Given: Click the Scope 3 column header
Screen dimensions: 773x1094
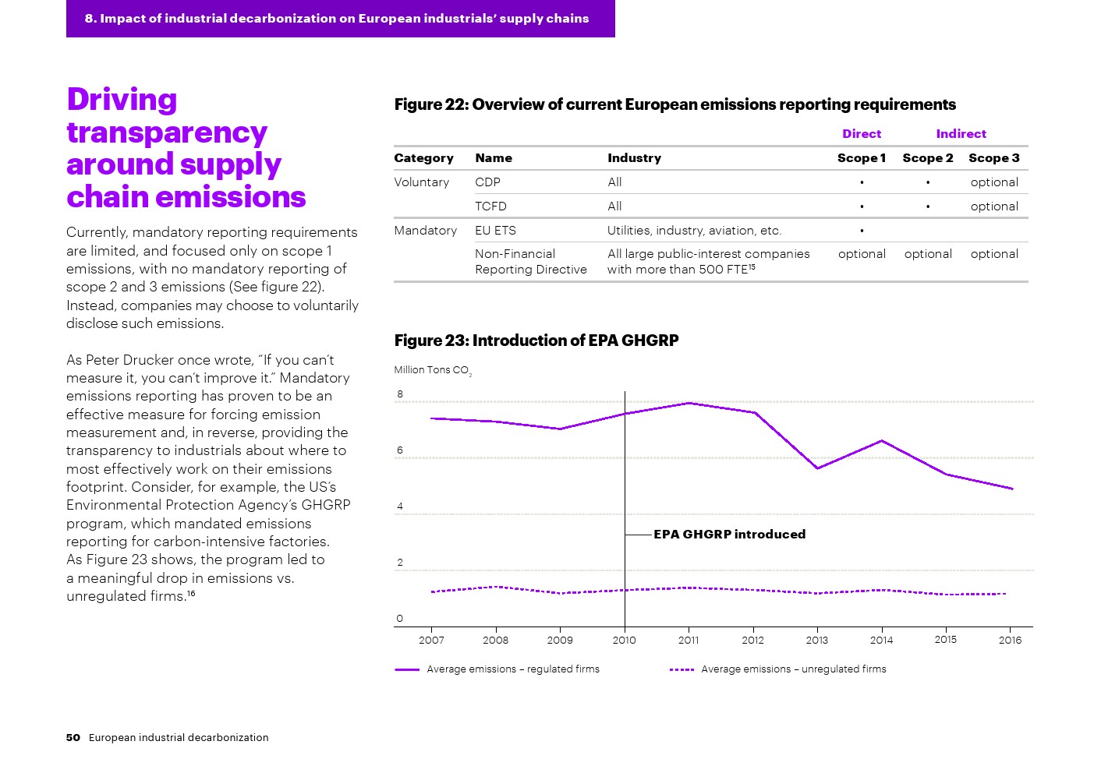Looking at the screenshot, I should [x=993, y=158].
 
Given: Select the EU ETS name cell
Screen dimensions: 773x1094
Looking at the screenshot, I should [x=495, y=231].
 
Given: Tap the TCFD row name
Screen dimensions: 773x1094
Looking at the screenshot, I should [x=490, y=206].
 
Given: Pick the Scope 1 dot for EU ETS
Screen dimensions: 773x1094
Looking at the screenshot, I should [x=862, y=231].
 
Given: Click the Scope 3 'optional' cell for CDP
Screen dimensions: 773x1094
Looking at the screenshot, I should [x=994, y=182].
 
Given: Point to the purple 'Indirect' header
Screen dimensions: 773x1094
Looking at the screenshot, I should [x=961, y=134].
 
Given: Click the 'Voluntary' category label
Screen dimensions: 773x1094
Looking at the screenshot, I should [x=421, y=182].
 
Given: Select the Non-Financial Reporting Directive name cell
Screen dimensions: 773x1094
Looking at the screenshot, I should [x=530, y=262].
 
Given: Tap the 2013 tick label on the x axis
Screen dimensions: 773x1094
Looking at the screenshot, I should [x=816, y=641].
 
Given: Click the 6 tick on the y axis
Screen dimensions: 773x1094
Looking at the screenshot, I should [x=400, y=450].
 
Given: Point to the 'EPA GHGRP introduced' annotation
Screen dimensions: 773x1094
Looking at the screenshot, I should [x=729, y=535].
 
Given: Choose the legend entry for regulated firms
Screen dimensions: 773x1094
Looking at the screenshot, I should [x=512, y=669].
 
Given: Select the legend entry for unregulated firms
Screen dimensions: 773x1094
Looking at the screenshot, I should [x=793, y=669].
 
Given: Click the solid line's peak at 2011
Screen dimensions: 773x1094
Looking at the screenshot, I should [x=689, y=403].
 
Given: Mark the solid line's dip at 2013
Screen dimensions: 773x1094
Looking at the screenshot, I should [x=817, y=468].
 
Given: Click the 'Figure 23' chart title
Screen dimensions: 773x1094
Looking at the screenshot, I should [x=536, y=341].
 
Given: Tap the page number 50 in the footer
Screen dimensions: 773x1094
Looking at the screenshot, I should [x=73, y=738].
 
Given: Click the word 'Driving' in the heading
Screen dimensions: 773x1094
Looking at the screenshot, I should [x=122, y=100].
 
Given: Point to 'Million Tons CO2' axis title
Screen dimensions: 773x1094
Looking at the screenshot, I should [x=432, y=370].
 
